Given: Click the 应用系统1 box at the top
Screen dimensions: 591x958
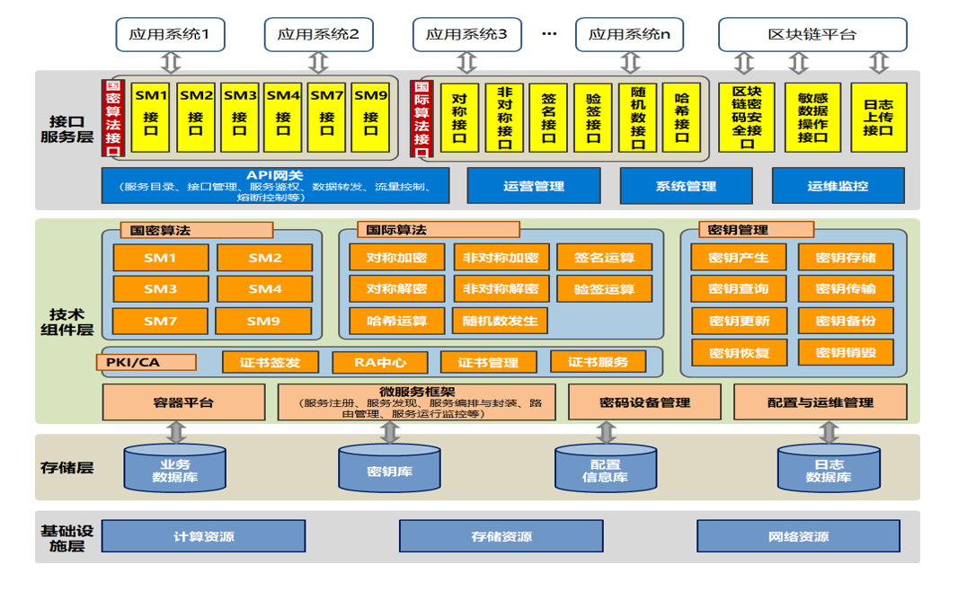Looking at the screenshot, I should pos(170,35).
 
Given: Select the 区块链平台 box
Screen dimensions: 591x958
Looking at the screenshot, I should pos(812,35).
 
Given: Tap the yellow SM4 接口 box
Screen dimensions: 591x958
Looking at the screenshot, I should pos(283,117).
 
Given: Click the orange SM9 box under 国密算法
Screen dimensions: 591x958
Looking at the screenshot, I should pos(264,321).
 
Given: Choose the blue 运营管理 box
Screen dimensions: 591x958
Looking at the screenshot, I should pos(534,186).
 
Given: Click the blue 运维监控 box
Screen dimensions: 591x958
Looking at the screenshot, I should pos(838,186).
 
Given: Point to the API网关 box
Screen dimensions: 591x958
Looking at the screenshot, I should pos(275,185).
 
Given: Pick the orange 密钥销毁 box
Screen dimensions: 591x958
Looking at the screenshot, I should pos(846,352).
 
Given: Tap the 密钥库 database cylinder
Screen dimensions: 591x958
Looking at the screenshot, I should pos(390,470).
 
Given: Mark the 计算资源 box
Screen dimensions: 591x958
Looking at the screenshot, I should pos(203,536).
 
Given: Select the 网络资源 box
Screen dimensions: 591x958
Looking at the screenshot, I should pos(798,536).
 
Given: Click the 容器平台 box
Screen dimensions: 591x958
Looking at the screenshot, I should pos(183,402).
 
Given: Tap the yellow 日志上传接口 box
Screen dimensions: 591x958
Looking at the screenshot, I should pos(878,118).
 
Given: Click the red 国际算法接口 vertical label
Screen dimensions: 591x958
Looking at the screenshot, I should pos(421,119).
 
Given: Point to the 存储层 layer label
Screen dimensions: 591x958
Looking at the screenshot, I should pos(67,468).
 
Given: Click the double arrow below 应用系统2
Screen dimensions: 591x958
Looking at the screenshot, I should pos(318,62).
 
